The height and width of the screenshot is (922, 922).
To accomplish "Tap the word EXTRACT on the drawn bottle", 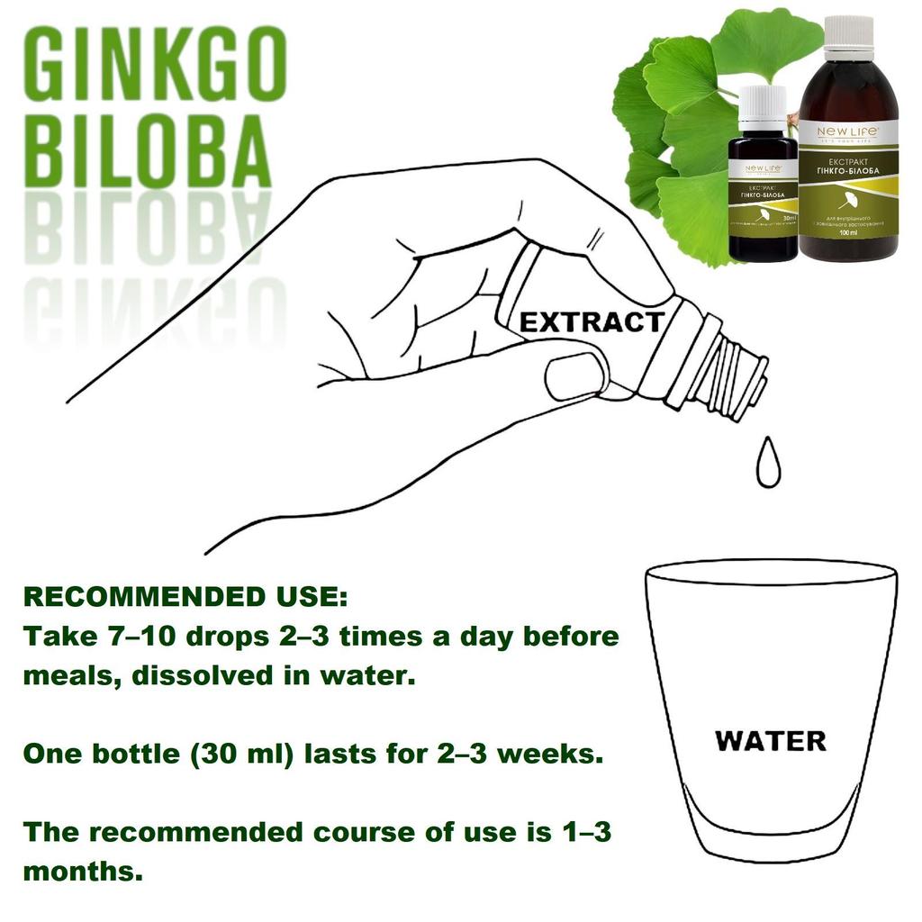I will click(x=592, y=321).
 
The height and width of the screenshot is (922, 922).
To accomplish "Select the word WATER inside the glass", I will click(x=770, y=741).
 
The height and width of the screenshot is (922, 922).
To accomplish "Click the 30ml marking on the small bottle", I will click(x=789, y=218).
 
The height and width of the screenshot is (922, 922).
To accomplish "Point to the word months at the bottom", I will click(x=81, y=872).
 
